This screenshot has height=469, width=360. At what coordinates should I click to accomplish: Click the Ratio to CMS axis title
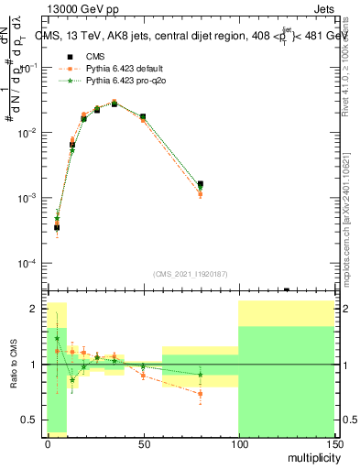(x=13, y=365)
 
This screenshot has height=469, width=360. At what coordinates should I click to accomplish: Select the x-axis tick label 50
(x=143, y=442)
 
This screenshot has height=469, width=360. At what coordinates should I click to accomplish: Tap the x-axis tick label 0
(x=48, y=442)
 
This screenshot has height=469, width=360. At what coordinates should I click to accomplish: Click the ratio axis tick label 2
(x=36, y=309)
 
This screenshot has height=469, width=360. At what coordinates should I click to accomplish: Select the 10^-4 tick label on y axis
(x=28, y=264)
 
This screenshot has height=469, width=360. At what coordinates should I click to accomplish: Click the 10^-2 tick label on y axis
(x=28, y=134)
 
